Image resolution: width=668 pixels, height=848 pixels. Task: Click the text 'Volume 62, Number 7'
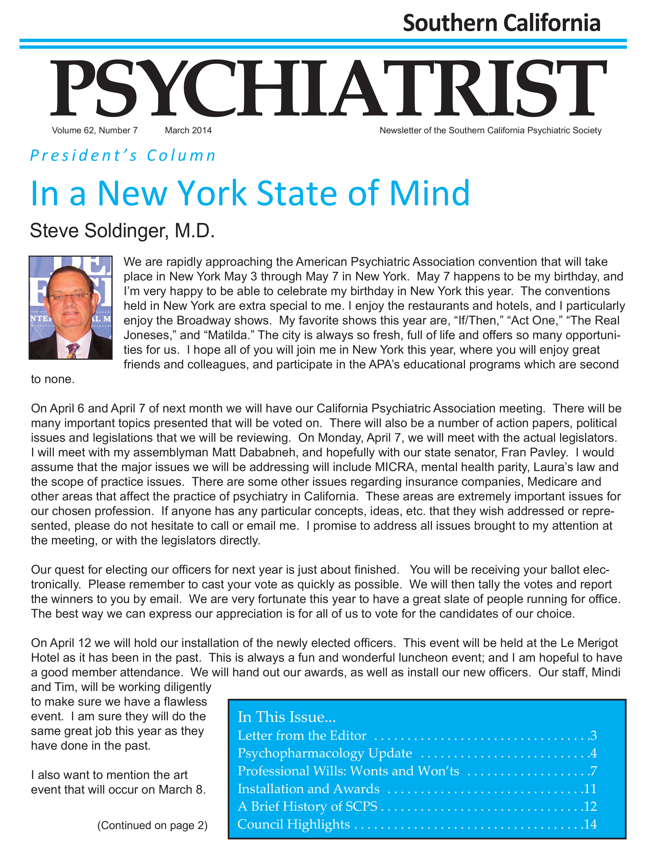95,130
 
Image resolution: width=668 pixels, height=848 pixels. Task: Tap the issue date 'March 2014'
188,130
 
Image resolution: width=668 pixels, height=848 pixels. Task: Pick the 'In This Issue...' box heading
287,717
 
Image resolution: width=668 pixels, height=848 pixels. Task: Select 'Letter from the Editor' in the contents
302,736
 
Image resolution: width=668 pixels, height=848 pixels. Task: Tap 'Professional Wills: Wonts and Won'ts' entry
348,771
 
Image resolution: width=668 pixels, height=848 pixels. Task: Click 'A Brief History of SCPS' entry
307,806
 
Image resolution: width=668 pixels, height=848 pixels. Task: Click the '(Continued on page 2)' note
152,825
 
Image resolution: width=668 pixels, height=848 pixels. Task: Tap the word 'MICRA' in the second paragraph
395,467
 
